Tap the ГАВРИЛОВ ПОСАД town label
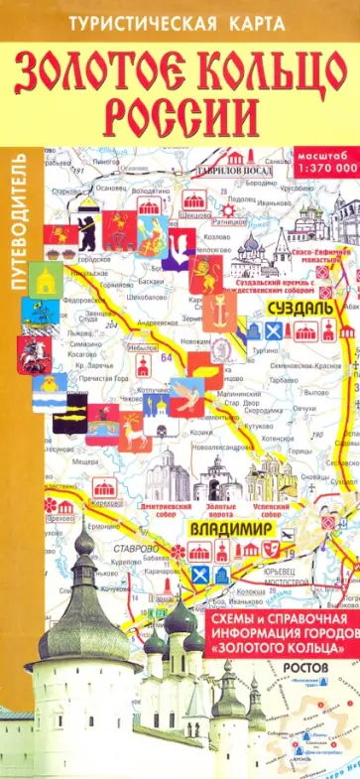click(250, 166)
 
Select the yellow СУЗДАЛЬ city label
click(295, 309)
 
